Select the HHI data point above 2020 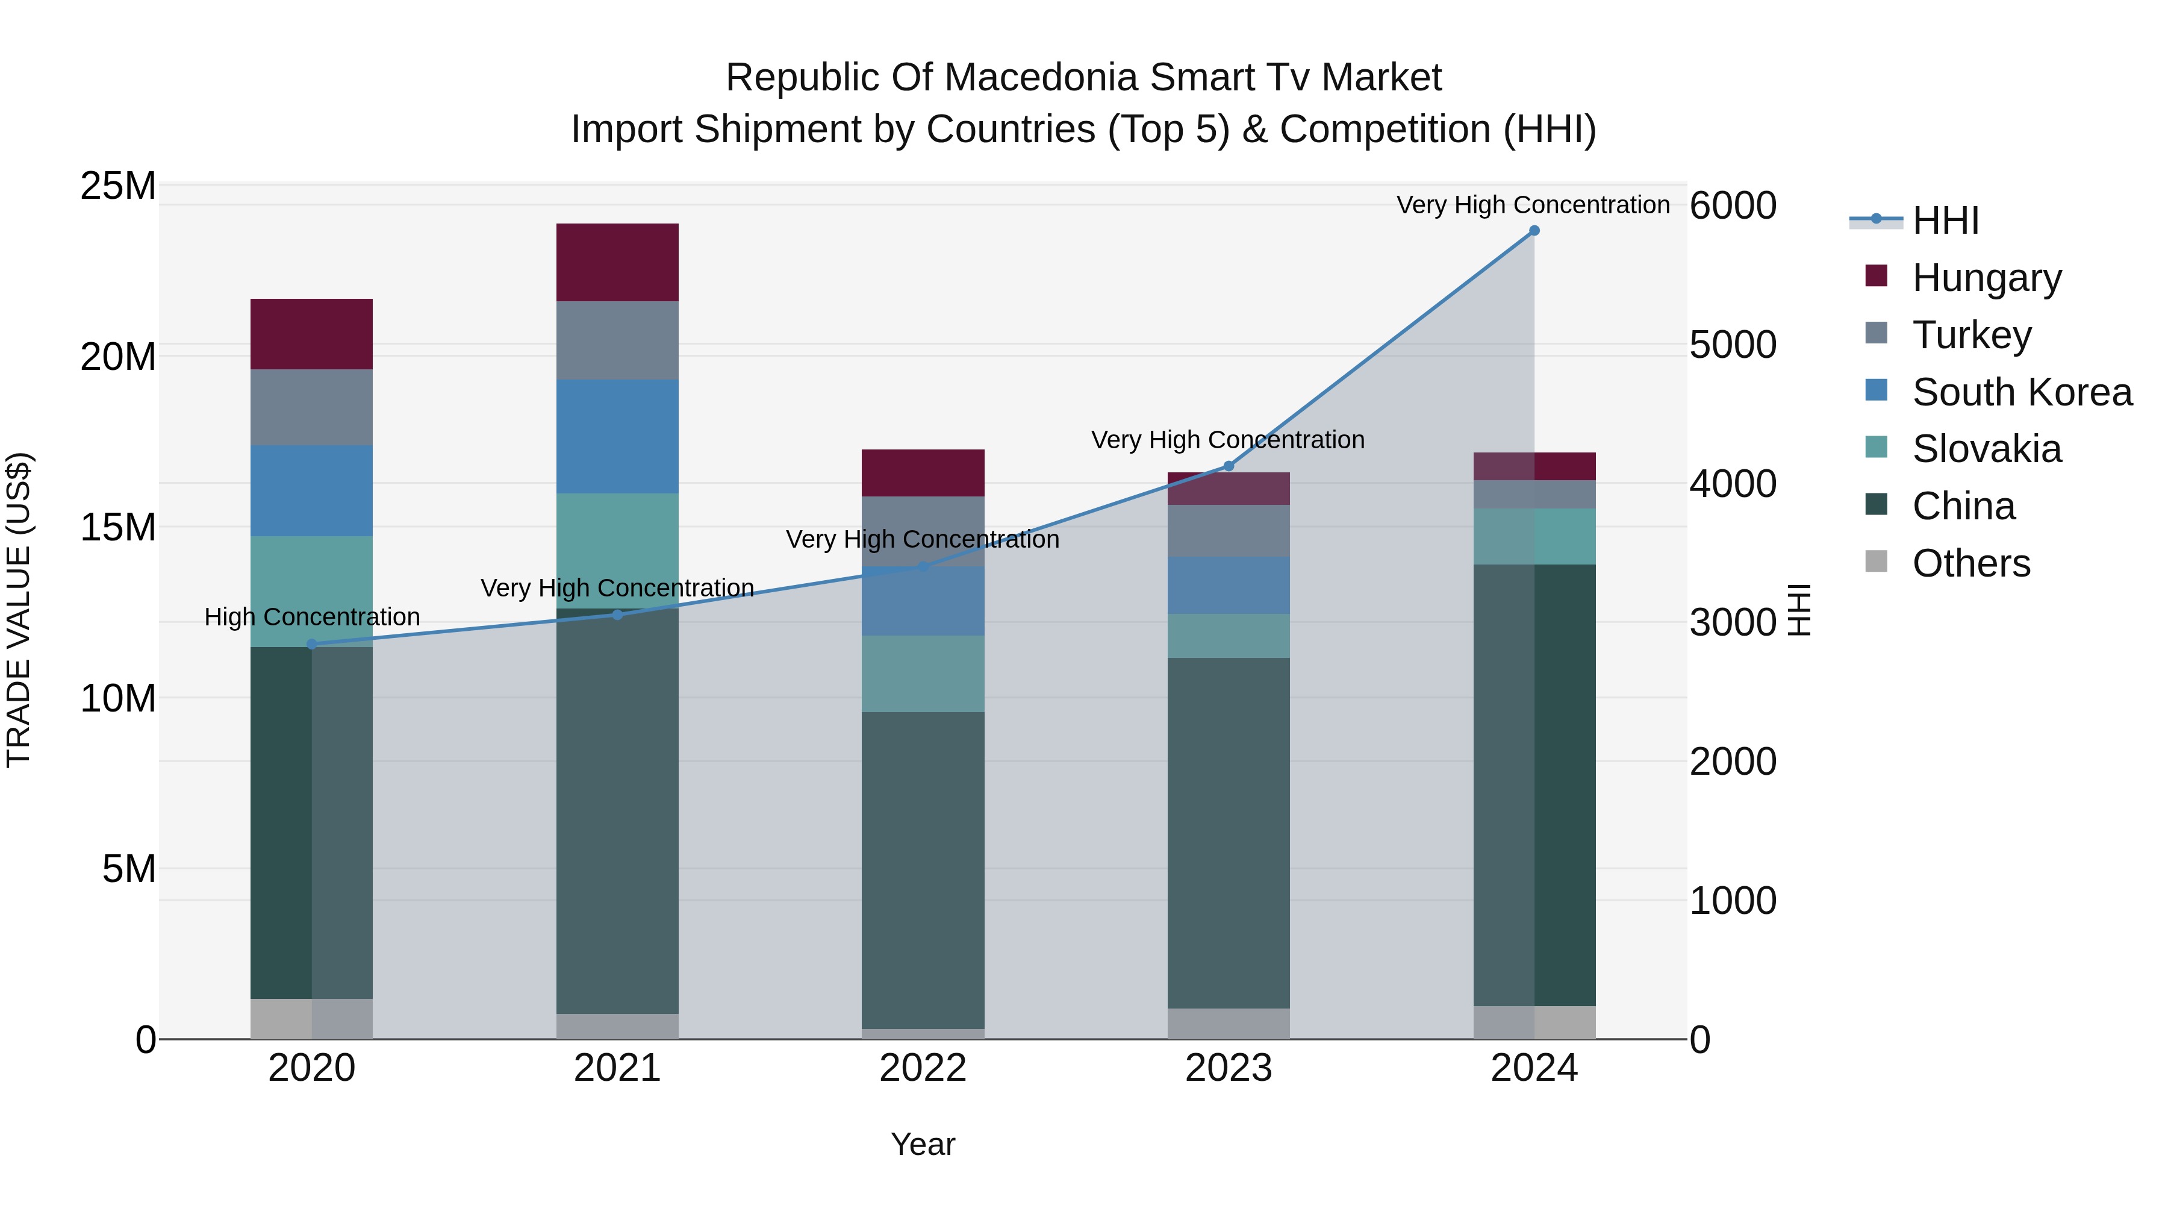click(311, 644)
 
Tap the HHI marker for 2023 click(1228, 466)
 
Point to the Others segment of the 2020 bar click(311, 1018)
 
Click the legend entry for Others click(1970, 563)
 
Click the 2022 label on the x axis click(923, 1068)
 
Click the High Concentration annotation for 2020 click(311, 616)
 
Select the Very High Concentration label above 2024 click(1533, 205)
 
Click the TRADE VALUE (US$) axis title click(19, 610)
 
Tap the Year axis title click(923, 1144)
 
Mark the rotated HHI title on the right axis click(1798, 610)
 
